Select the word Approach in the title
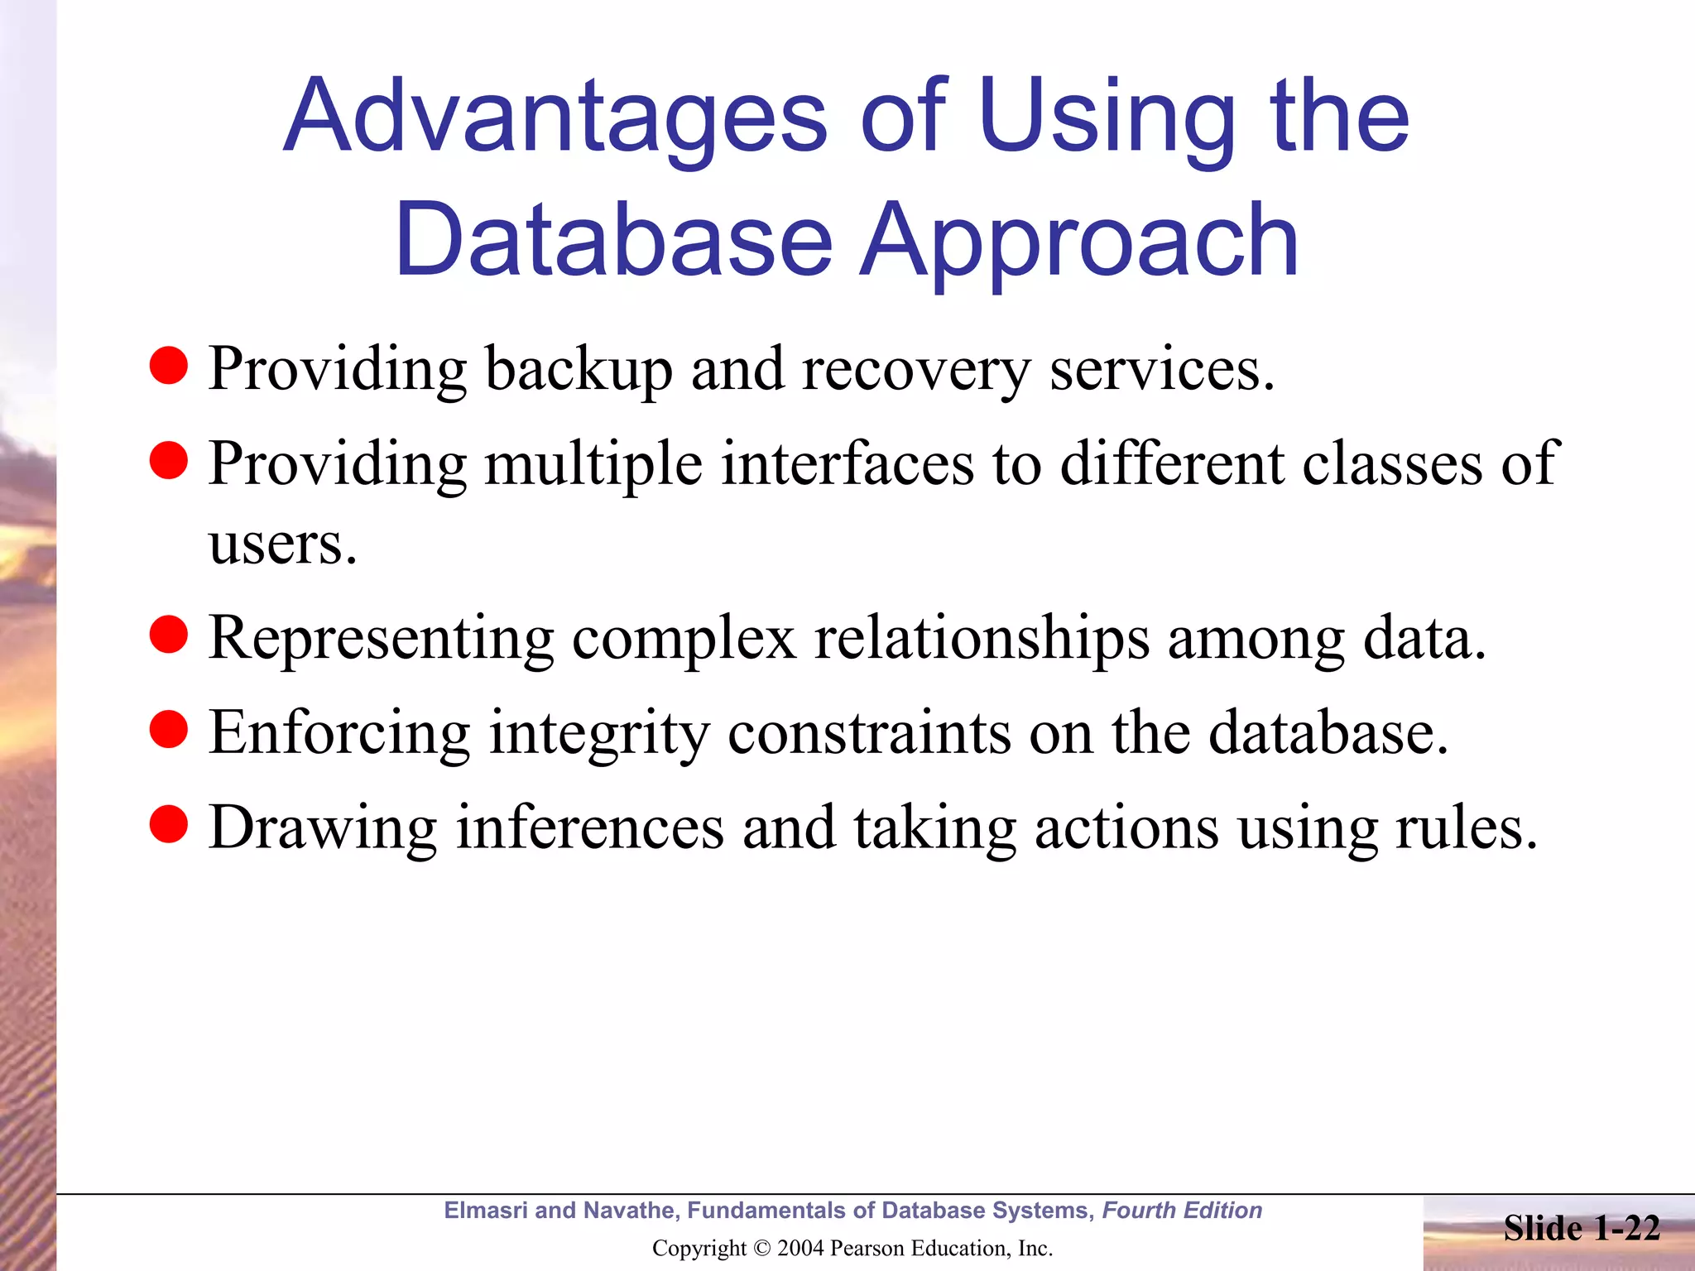point(1079,242)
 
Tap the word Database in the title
point(613,242)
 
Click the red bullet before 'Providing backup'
point(169,366)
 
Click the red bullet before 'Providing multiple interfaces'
point(169,460)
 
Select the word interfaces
point(847,463)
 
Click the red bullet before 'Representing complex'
point(169,635)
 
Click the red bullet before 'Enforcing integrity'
point(169,729)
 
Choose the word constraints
point(869,733)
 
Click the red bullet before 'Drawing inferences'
point(169,824)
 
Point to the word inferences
point(590,827)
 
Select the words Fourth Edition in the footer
point(1182,1211)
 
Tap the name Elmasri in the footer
point(485,1211)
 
